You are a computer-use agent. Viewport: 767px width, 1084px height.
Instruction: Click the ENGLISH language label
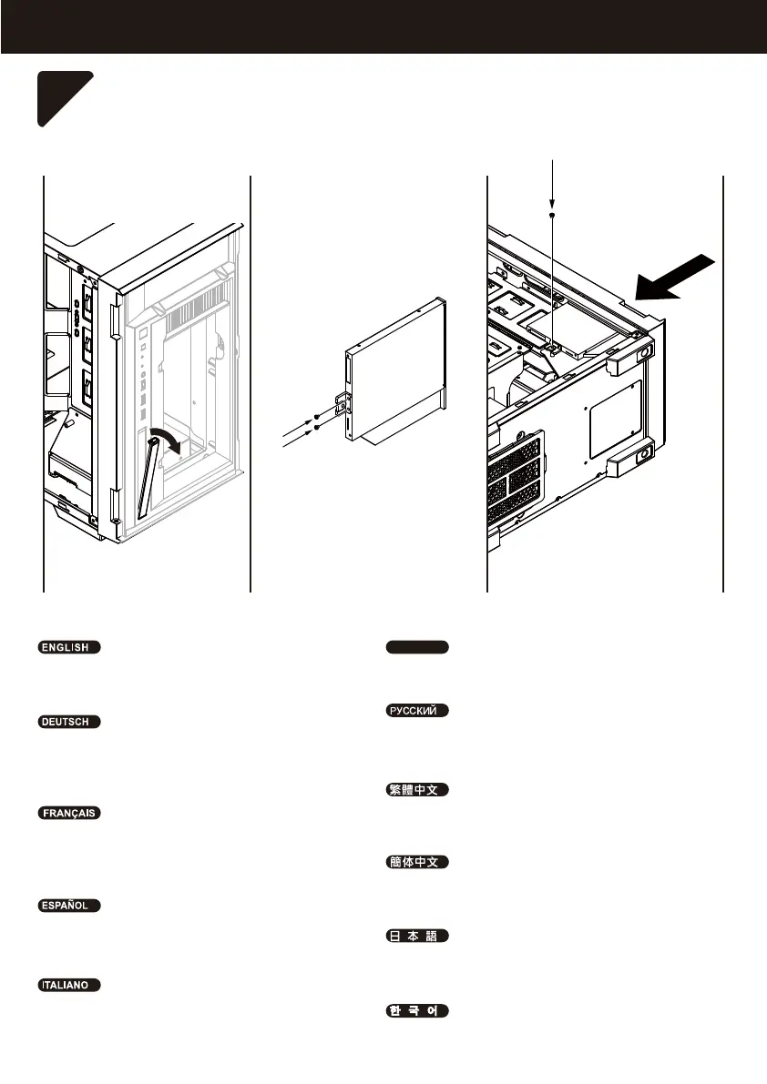click(x=68, y=648)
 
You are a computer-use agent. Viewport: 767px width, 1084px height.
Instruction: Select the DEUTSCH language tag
click(x=68, y=722)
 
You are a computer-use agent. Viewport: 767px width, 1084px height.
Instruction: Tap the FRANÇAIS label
click(x=68, y=813)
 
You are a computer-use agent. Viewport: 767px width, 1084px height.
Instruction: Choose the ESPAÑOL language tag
click(x=68, y=907)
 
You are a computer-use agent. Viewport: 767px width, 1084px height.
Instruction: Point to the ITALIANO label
click(x=68, y=985)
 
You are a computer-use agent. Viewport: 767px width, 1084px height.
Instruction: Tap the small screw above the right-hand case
click(x=554, y=215)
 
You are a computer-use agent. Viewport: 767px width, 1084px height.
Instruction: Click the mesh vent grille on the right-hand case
click(x=516, y=478)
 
